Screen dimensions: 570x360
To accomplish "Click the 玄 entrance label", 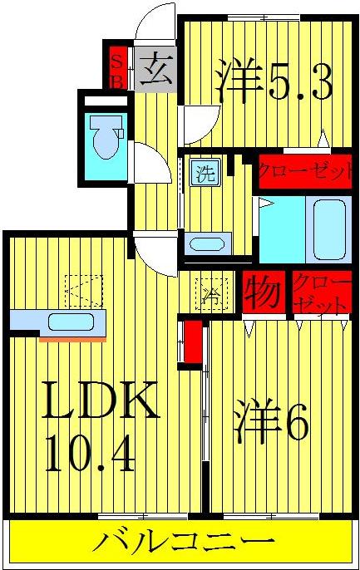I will point(155,71).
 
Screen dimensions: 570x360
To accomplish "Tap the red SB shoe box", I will point(117,70).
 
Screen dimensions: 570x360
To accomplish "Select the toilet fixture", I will point(106,137).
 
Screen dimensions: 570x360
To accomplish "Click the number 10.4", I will point(90,455).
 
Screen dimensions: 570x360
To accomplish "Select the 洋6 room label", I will point(272,425).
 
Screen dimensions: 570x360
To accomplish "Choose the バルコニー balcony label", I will point(182,544).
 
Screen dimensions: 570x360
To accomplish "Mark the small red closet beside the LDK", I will point(192,342).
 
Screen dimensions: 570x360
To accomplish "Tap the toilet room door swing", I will point(143,161).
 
